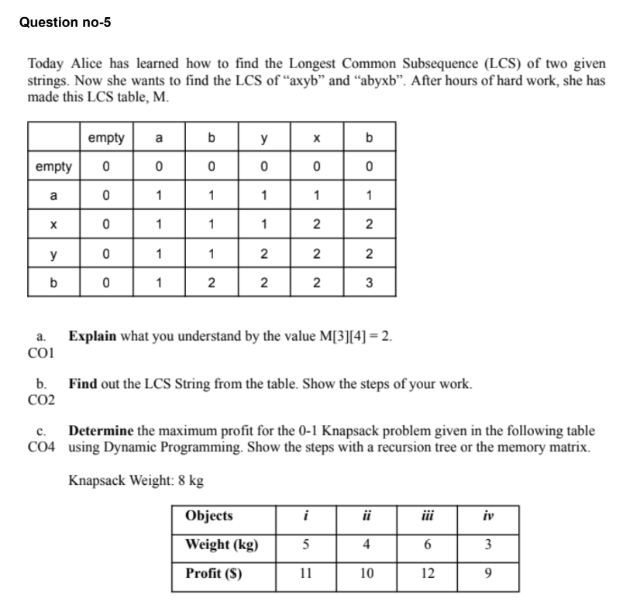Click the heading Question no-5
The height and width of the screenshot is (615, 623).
click(x=65, y=22)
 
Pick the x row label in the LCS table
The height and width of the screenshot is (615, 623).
click(x=53, y=223)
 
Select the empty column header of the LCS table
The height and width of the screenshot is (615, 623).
click(x=105, y=138)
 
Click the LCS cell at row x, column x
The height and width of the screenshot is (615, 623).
click(x=315, y=223)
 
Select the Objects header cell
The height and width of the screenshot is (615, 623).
click(x=209, y=517)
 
